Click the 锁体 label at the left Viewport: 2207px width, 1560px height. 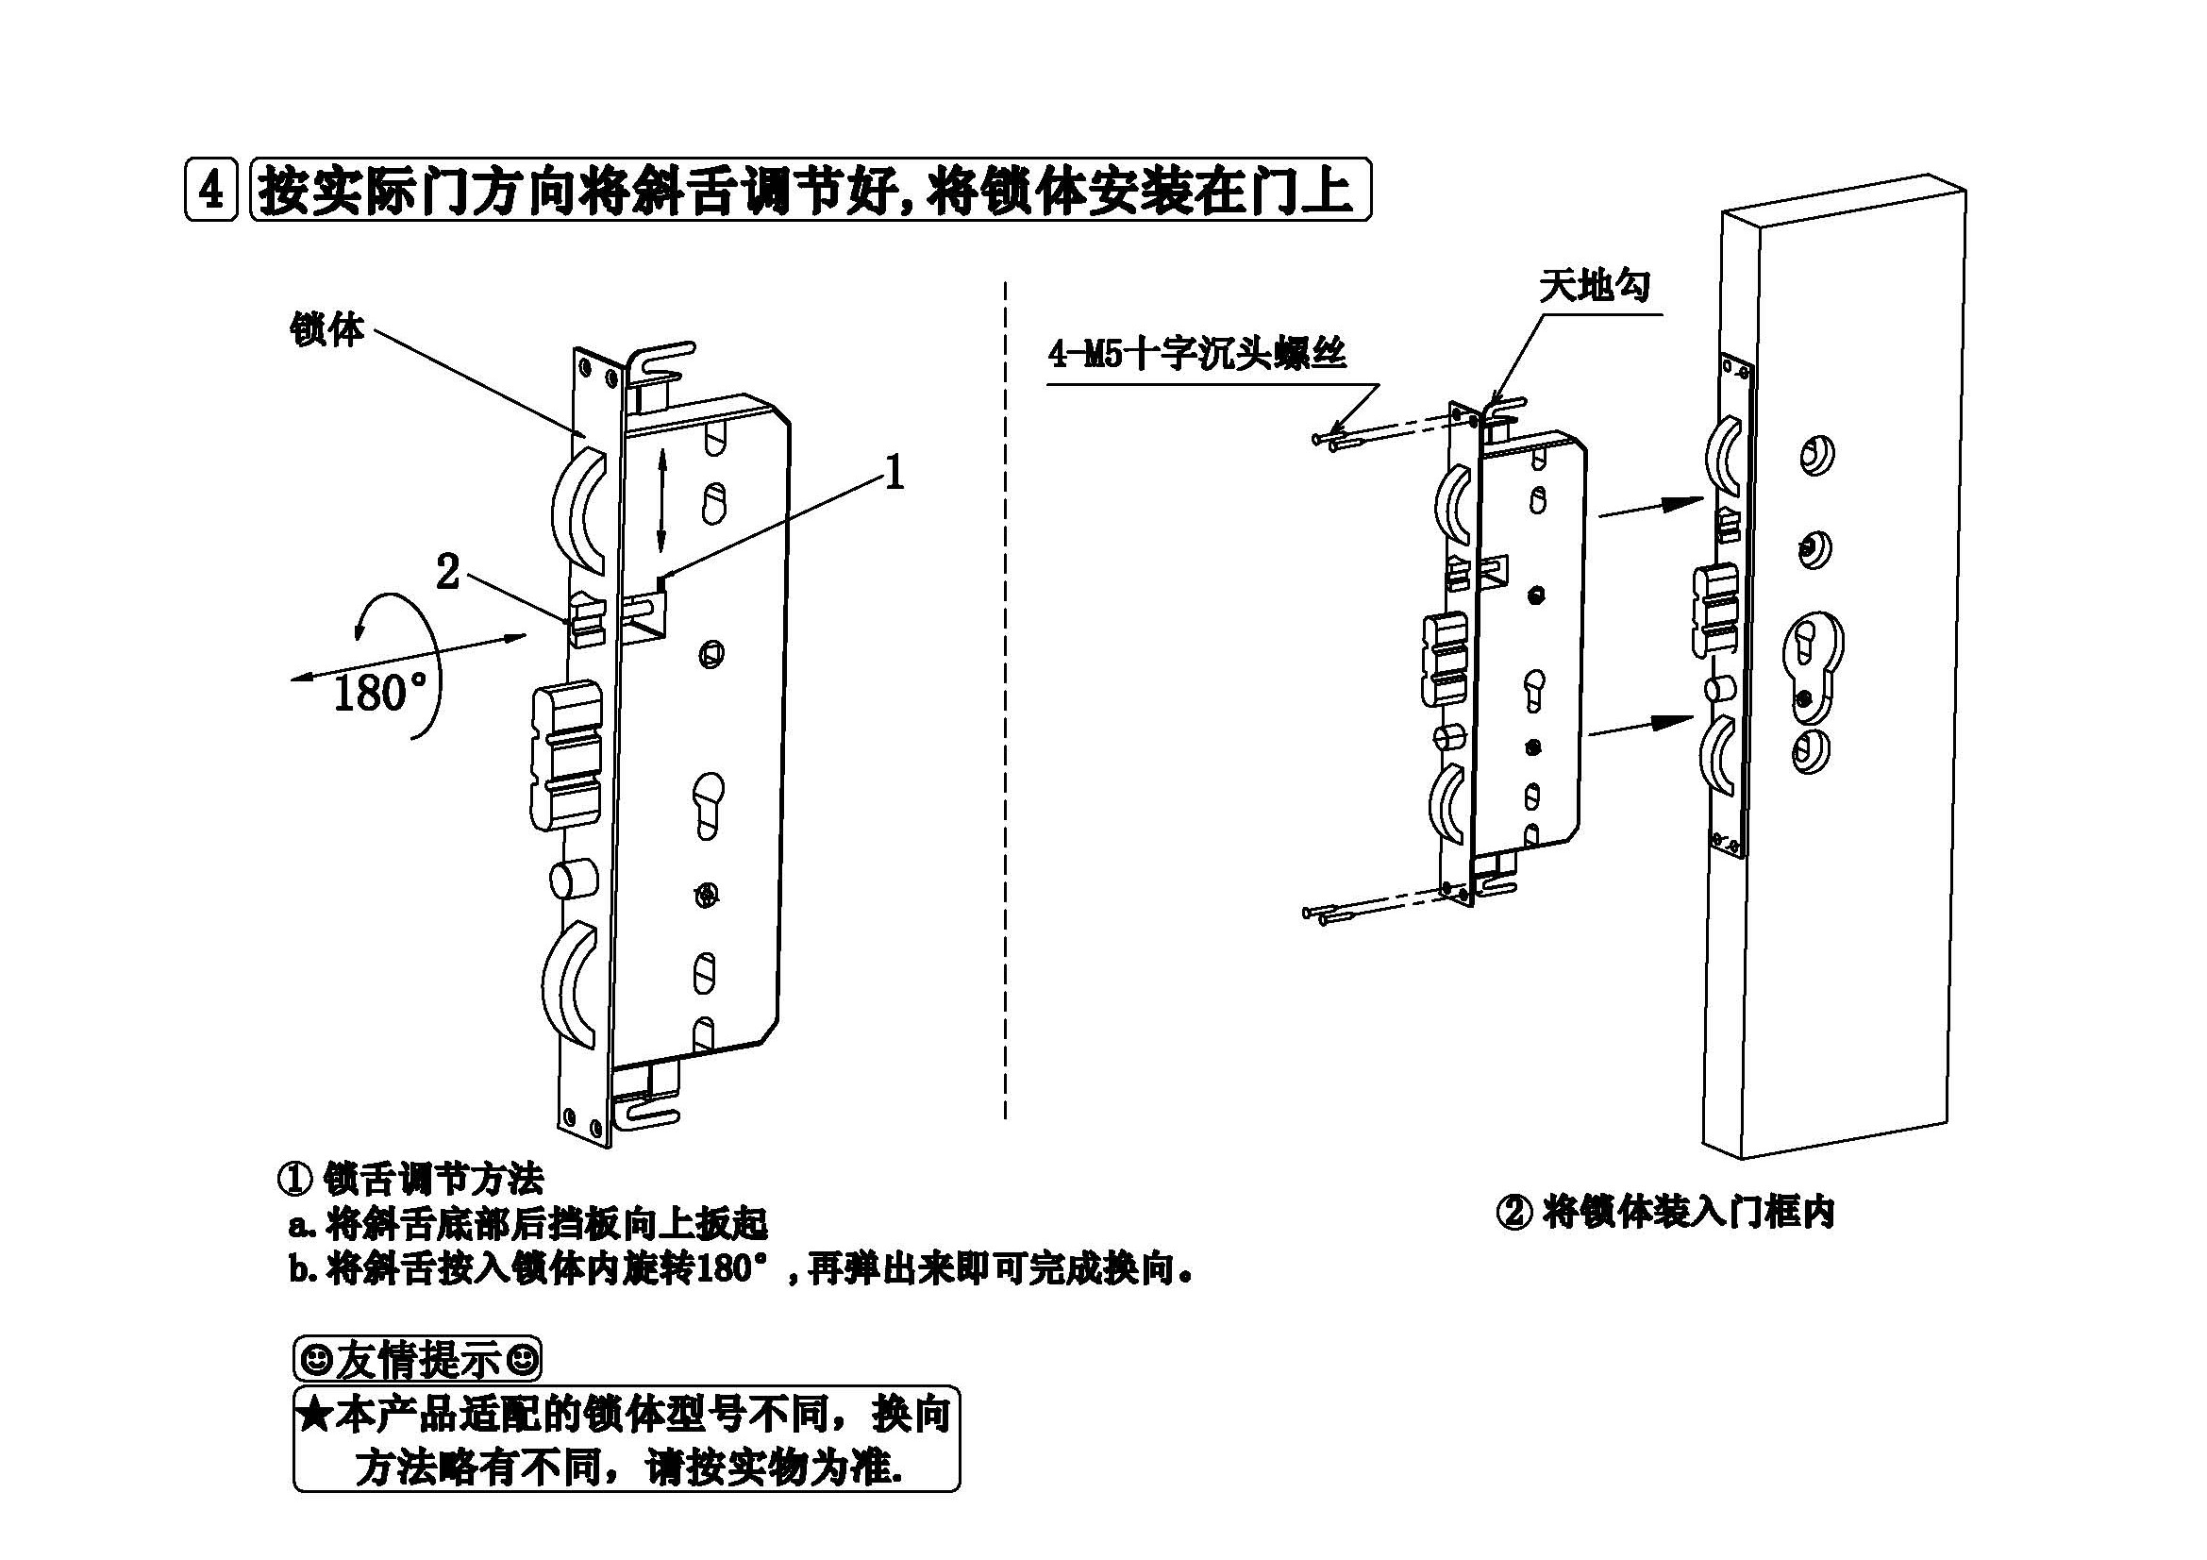(326, 330)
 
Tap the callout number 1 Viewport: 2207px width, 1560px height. (893, 472)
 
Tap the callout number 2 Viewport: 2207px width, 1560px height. (447, 573)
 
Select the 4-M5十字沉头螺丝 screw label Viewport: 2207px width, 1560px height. (1196, 355)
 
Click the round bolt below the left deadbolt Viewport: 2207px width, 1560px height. (573, 881)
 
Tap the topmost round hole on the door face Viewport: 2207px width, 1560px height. (1814, 456)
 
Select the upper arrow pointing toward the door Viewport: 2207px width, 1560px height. (1649, 507)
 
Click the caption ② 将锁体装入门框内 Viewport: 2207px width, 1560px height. (1665, 1212)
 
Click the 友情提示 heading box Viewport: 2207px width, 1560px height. (417, 1360)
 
